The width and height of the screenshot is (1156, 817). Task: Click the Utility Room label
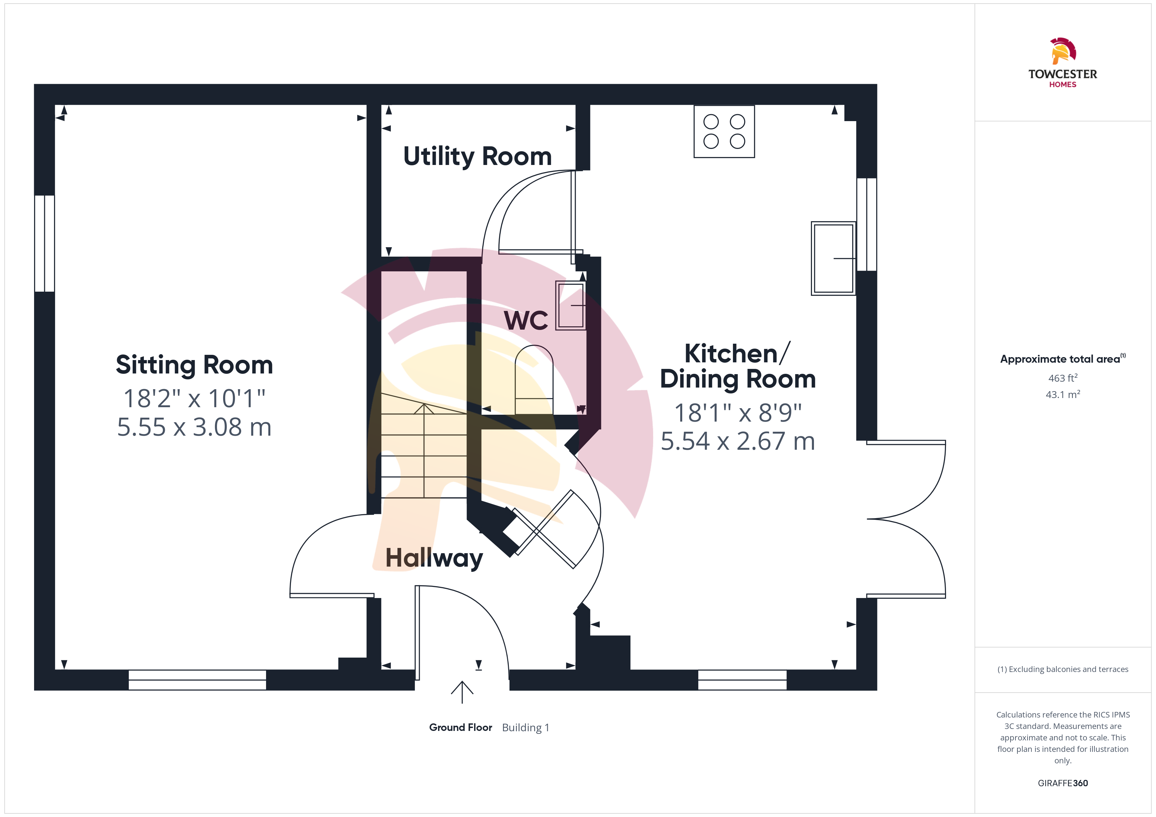click(x=477, y=156)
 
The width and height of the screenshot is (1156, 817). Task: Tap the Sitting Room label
click(x=194, y=365)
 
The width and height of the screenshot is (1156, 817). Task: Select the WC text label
click(x=526, y=320)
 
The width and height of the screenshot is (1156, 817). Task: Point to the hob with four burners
click(x=724, y=131)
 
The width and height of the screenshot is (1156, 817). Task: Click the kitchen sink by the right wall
click(x=833, y=258)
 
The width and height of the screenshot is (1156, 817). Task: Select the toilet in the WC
click(x=534, y=380)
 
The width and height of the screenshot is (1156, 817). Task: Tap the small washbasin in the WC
click(x=570, y=305)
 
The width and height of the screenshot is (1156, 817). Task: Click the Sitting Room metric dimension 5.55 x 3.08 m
click(x=194, y=427)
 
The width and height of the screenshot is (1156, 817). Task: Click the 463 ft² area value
click(x=1063, y=378)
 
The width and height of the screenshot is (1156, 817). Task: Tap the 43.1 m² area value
click(x=1063, y=394)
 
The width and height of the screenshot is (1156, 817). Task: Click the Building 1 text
click(x=526, y=727)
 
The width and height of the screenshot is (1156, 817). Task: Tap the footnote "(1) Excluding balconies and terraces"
click(x=1063, y=669)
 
